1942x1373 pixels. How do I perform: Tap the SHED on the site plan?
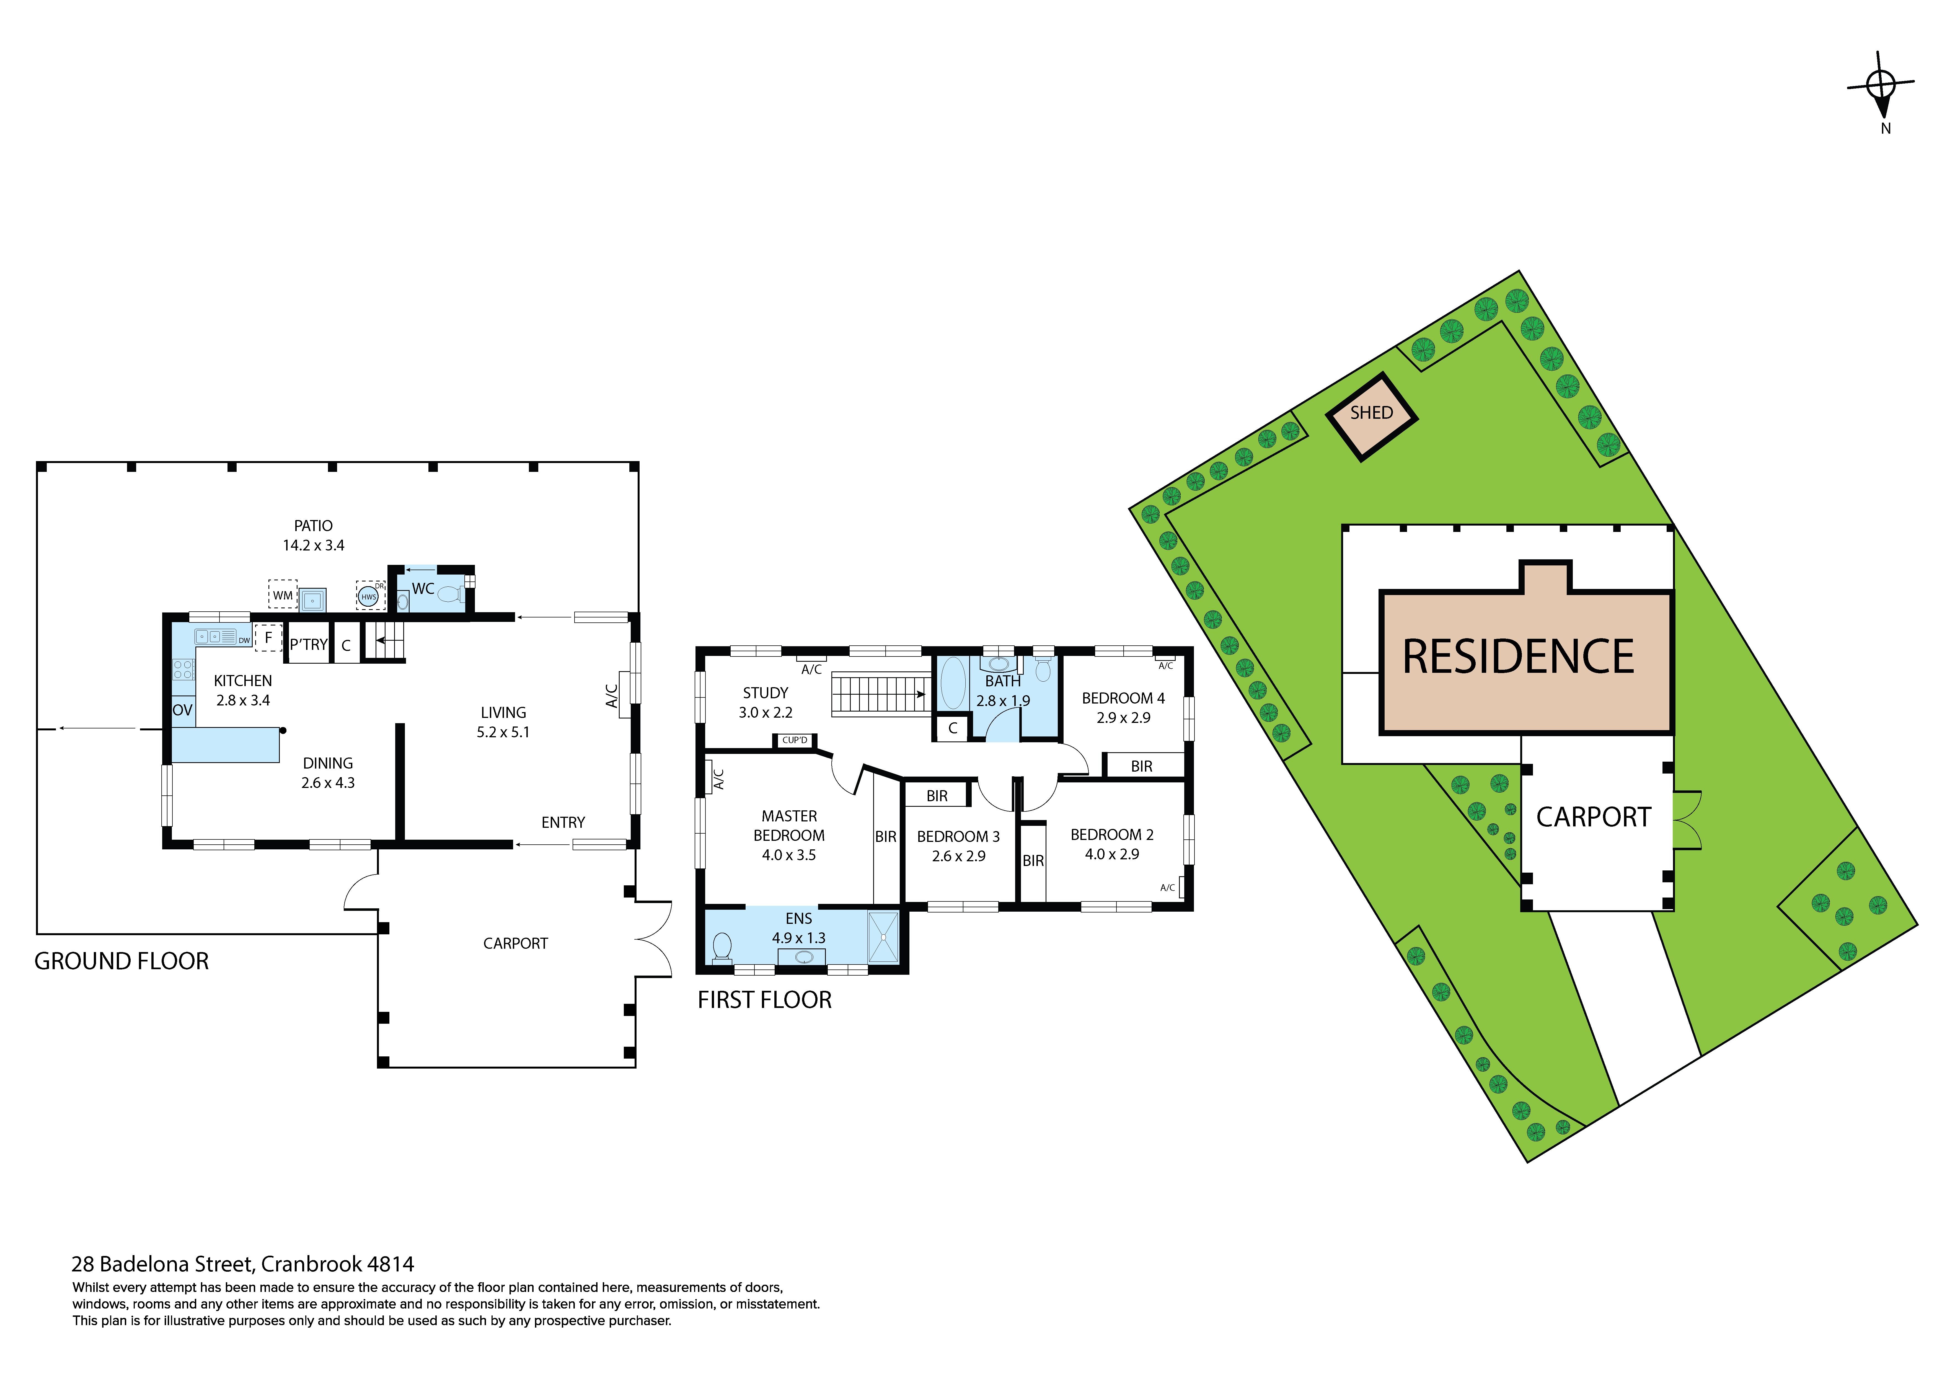click(1371, 416)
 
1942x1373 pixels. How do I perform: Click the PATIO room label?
click(313, 525)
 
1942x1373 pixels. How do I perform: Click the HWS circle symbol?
click(369, 596)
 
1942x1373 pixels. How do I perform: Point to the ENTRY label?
click(563, 822)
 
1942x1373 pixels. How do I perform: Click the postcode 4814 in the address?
click(391, 1265)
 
